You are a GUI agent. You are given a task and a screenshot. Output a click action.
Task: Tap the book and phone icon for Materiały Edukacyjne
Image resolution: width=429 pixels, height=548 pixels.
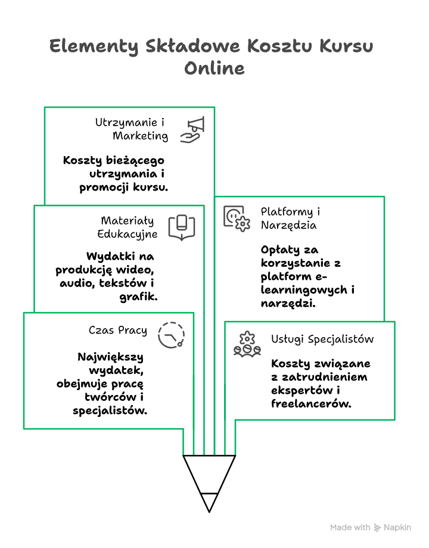coord(182,227)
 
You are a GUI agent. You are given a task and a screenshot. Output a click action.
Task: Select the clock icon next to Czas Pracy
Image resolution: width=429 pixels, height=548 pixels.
coord(172,334)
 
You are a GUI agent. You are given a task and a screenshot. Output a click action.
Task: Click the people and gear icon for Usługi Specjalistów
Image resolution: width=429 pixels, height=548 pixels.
coord(247,344)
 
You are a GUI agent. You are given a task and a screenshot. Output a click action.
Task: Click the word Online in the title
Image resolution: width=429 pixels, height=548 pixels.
coord(214,68)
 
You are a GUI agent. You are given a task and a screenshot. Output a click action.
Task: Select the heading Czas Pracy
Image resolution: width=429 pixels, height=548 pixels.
coord(118,330)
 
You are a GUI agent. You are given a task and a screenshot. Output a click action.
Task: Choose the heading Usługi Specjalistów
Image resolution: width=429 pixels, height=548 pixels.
coord(322,339)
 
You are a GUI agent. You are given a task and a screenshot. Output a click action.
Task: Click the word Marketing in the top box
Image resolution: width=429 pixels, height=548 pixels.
coord(141,136)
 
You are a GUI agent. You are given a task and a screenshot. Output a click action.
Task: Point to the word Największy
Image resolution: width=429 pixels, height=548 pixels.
coord(110,357)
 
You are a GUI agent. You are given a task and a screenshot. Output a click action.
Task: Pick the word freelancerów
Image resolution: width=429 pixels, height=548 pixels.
coord(310,403)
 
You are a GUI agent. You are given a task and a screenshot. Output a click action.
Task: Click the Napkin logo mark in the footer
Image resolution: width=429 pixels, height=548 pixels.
coord(377,528)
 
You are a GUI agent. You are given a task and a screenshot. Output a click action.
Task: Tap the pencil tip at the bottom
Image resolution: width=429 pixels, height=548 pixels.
coord(209,503)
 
